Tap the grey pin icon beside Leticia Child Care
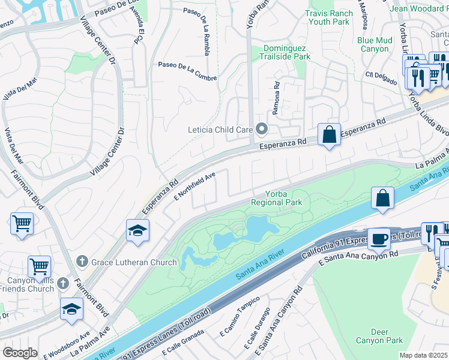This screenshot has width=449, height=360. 262,129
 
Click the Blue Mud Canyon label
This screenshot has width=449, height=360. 375,44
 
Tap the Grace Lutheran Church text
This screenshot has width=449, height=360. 134,262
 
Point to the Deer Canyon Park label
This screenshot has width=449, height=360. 379,336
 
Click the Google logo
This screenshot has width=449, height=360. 20,353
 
